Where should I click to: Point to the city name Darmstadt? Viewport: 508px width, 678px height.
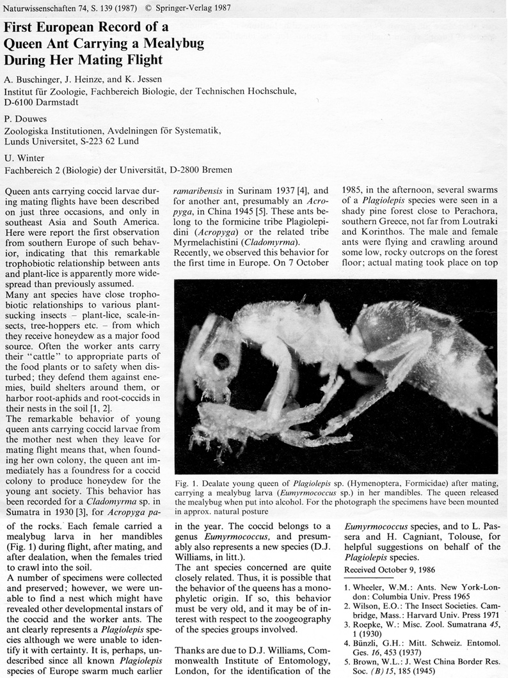point(47,103)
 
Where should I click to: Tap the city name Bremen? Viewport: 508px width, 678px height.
point(216,169)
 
